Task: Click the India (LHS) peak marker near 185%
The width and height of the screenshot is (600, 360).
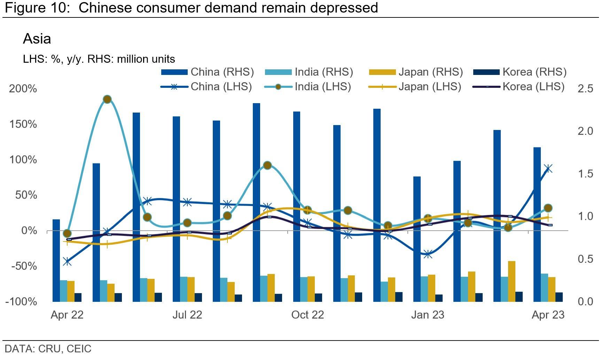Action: (x=107, y=99)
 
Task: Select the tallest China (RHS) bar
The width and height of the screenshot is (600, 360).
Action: (x=256, y=202)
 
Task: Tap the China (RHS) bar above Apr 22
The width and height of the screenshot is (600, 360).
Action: (x=56, y=260)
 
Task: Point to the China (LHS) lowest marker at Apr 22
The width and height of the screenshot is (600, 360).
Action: (x=67, y=262)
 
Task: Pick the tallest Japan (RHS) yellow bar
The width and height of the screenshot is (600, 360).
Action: (x=512, y=281)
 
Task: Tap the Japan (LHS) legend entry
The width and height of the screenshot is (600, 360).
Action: (x=414, y=87)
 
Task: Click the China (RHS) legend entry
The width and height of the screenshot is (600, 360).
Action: (x=208, y=72)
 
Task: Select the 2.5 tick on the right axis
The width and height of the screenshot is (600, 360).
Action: (x=585, y=89)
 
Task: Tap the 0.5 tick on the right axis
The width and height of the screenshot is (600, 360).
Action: (x=585, y=259)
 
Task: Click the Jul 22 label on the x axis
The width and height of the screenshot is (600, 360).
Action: (x=187, y=315)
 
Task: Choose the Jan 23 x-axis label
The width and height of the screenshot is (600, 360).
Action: (x=428, y=315)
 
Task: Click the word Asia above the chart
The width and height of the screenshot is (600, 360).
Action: (x=37, y=39)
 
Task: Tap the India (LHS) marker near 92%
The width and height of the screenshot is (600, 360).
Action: (x=267, y=166)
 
